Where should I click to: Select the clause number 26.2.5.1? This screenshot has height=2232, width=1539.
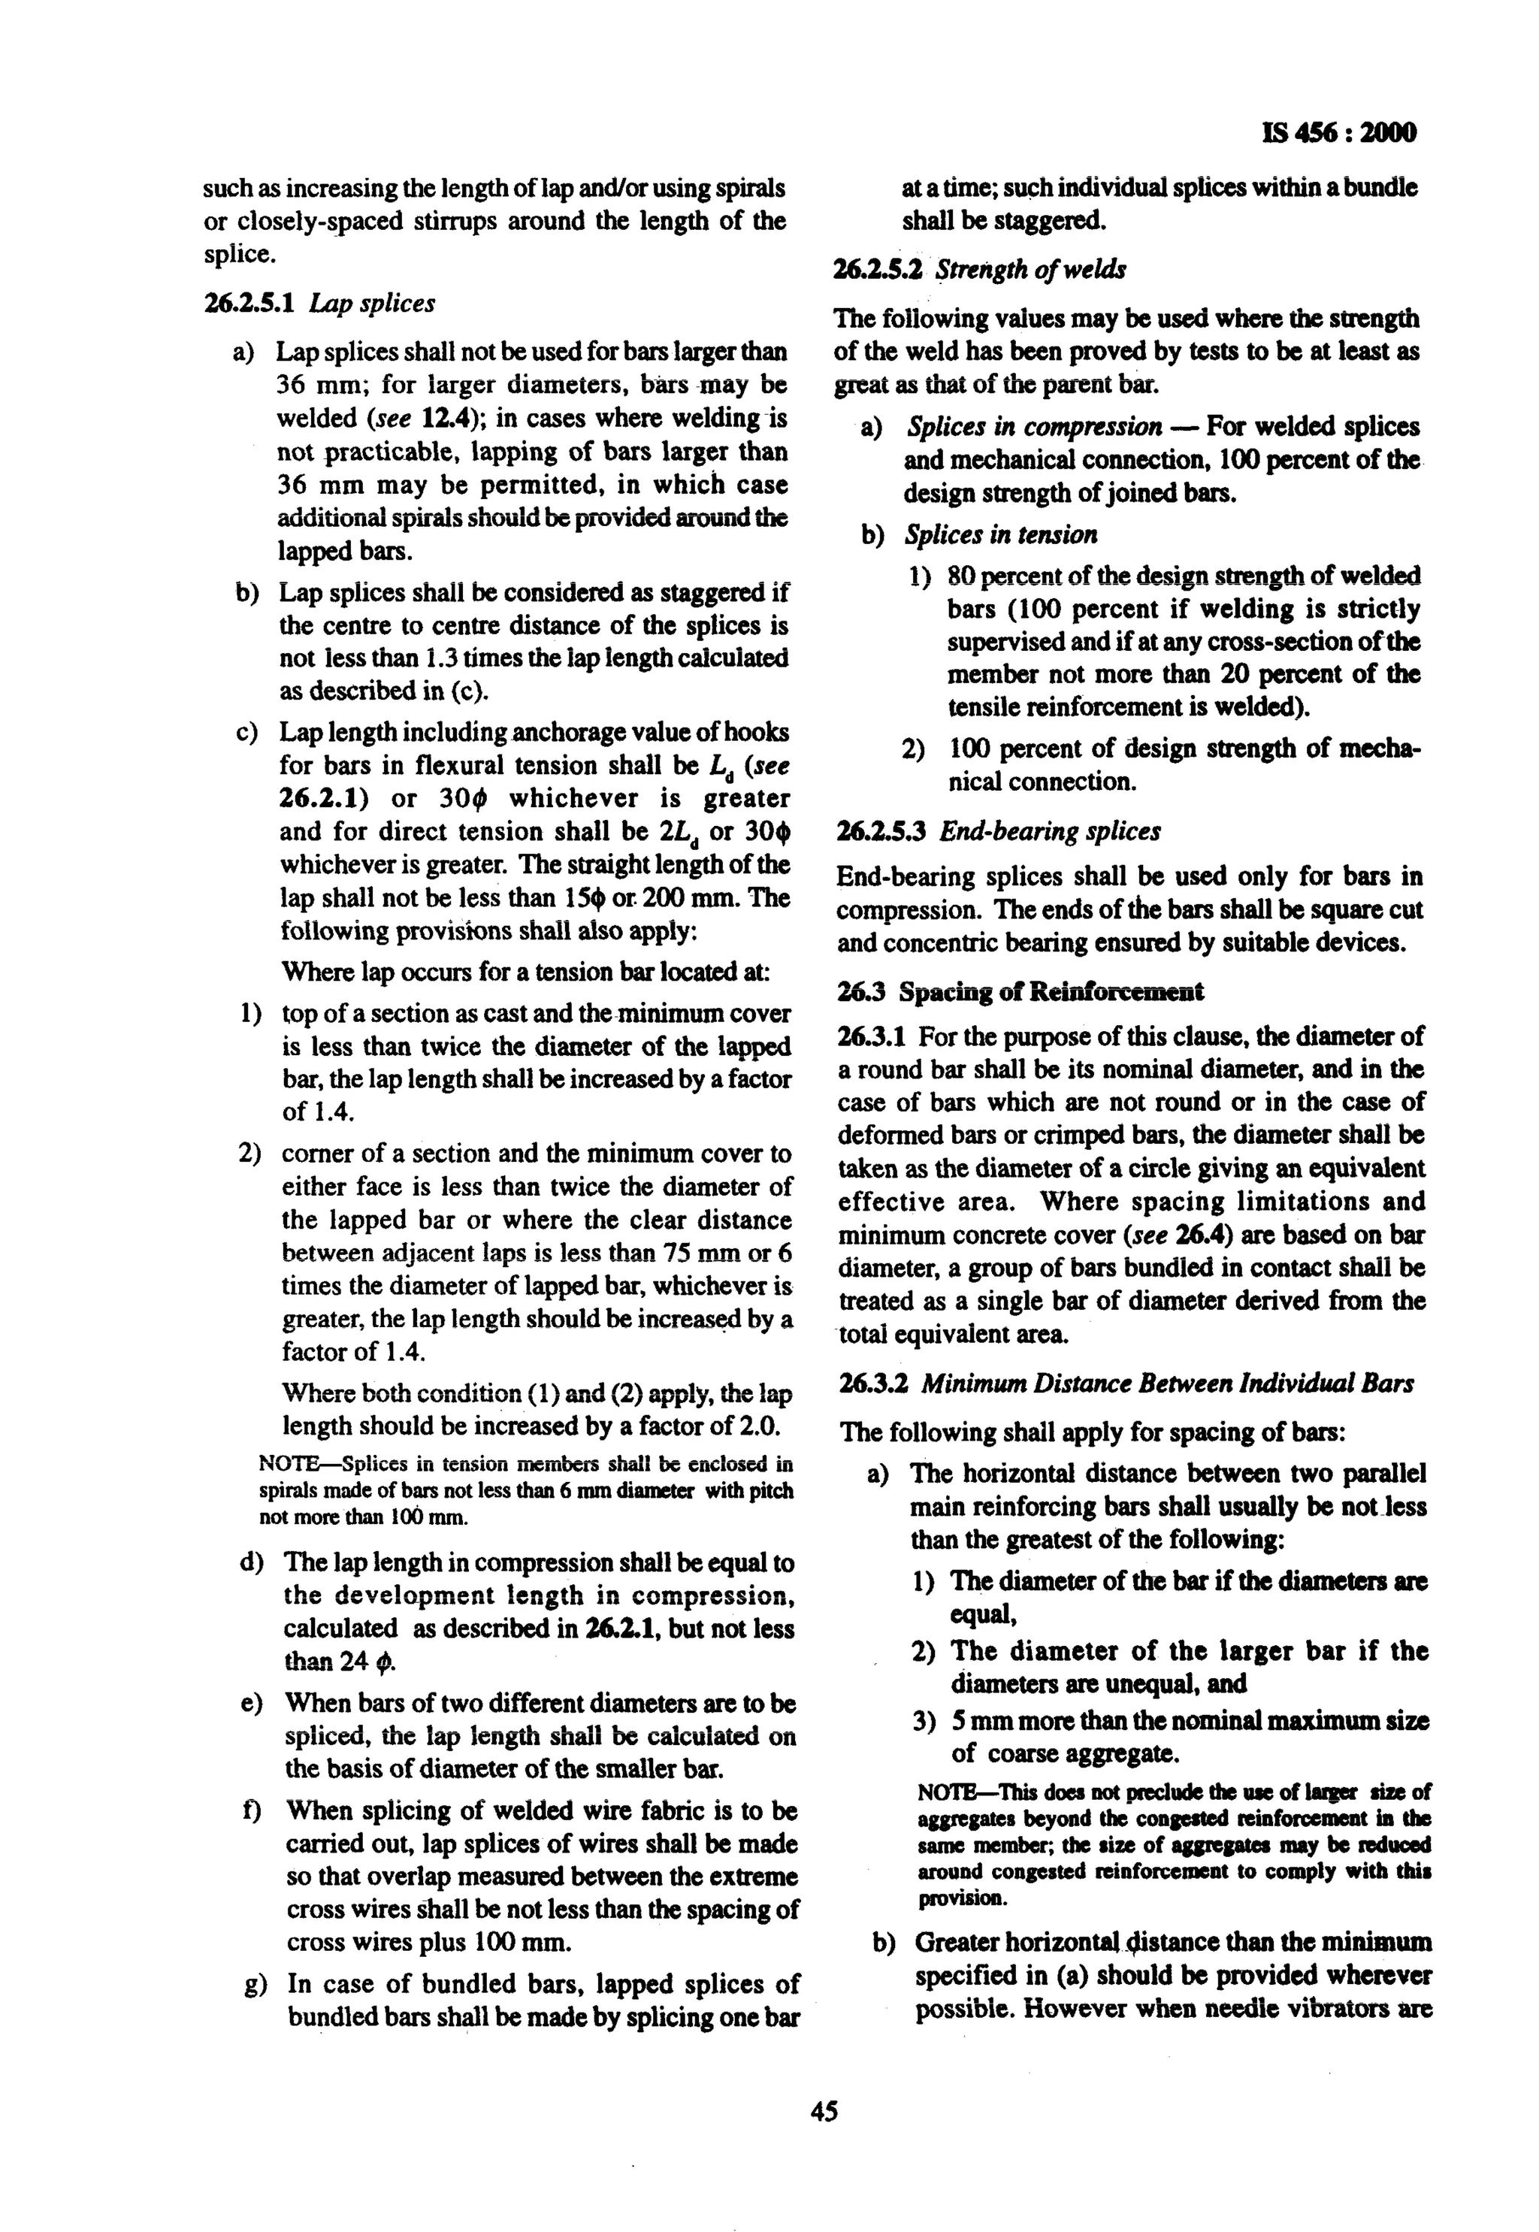(252, 304)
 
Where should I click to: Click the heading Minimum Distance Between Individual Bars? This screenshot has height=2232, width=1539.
(1167, 1384)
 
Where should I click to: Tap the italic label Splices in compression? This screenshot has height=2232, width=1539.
(1034, 426)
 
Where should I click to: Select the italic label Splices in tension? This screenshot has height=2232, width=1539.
(1001, 534)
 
